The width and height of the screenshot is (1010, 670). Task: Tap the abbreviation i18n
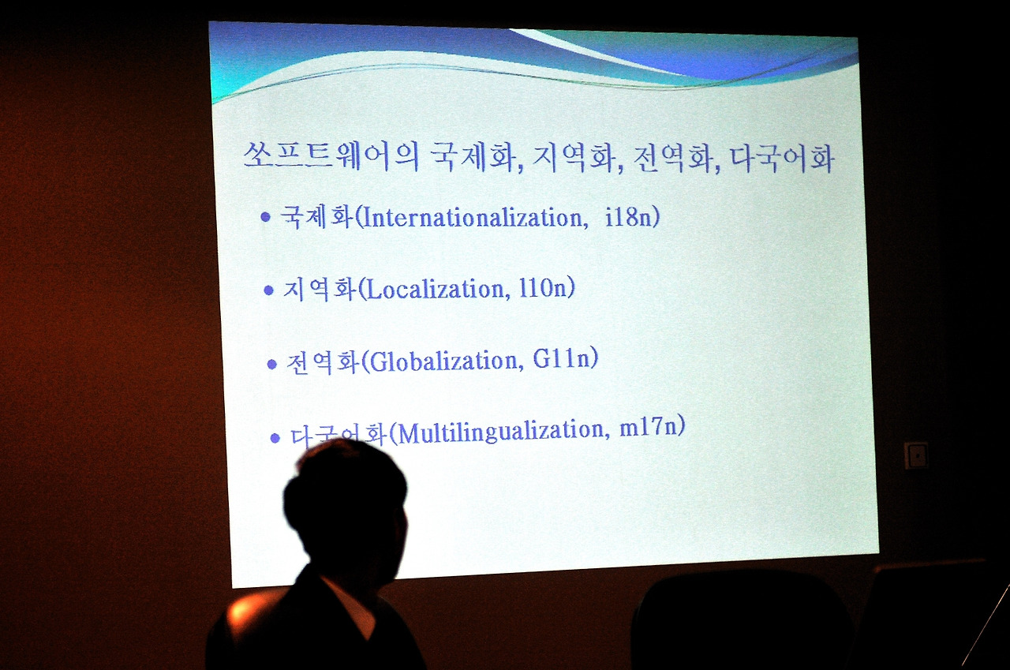click(629, 217)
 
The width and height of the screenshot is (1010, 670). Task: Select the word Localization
click(435, 289)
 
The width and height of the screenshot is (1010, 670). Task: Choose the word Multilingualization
click(500, 432)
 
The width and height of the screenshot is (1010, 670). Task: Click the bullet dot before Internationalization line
click(266, 217)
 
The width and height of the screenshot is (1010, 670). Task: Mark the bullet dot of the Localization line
click(269, 290)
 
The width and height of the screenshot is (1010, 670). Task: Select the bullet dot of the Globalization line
click(272, 364)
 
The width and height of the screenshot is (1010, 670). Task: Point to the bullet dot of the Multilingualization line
click(275, 437)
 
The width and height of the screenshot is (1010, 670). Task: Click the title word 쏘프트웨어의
click(331, 155)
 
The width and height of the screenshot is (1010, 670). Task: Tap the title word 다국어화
click(781, 159)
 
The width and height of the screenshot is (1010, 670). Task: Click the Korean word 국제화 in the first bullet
click(316, 217)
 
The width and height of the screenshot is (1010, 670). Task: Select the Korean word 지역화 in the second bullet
click(320, 289)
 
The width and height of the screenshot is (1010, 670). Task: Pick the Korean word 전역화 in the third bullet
click(323, 362)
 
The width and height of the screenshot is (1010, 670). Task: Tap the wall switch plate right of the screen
click(916, 456)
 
